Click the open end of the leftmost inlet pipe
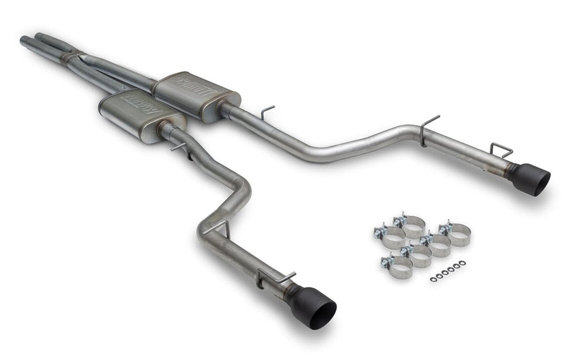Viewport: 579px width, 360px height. point(23,40)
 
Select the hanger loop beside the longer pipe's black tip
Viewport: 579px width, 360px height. point(501,150)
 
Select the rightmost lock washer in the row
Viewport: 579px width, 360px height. point(463,263)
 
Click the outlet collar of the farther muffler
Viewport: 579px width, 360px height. point(225,110)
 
